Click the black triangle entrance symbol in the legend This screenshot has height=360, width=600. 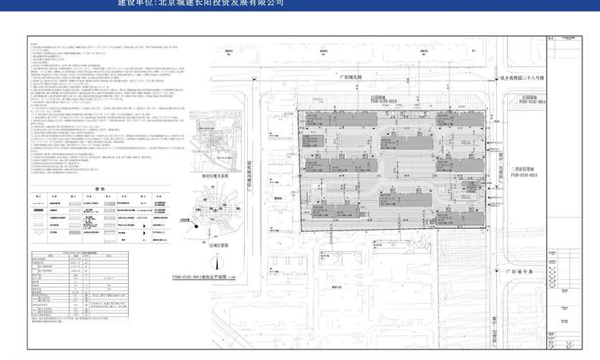tap(146, 228)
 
